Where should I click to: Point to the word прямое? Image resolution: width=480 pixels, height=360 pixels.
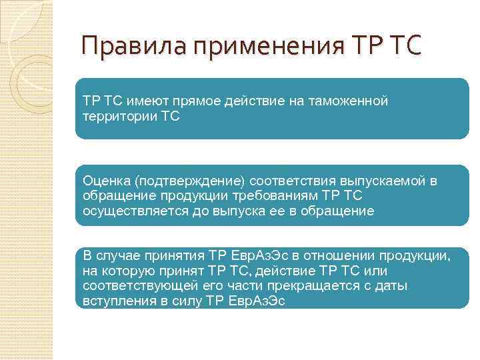click(x=199, y=101)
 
